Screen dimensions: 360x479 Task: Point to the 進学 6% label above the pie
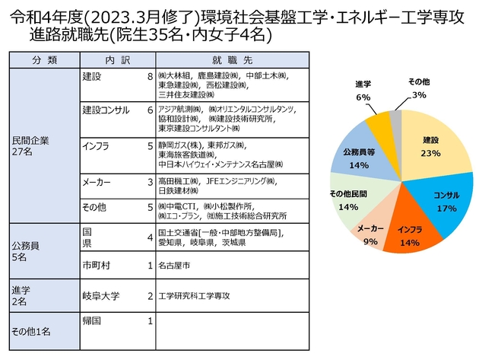[363, 90]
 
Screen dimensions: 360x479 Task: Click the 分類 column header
[42, 59]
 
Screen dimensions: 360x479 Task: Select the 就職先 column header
[233, 59]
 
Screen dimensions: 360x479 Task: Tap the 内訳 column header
[116, 59]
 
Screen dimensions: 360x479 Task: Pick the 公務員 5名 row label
[24, 250]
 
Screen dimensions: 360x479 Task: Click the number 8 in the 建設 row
[150, 77]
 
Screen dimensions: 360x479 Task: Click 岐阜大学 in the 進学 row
[103, 295]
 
